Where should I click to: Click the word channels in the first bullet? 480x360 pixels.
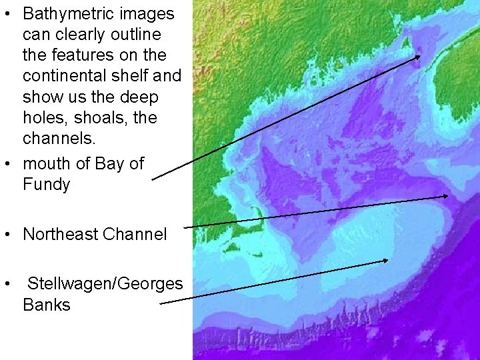pyautogui.click(x=58, y=139)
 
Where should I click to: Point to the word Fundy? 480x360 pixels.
pyautogui.click(x=46, y=185)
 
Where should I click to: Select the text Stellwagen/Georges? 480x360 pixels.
pyautogui.click(x=105, y=284)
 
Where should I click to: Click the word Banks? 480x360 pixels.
pyautogui.click(x=46, y=305)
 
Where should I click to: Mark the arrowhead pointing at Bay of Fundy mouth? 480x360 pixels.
pyautogui.click(x=418, y=57)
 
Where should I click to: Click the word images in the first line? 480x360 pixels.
pyautogui.click(x=153, y=13)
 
